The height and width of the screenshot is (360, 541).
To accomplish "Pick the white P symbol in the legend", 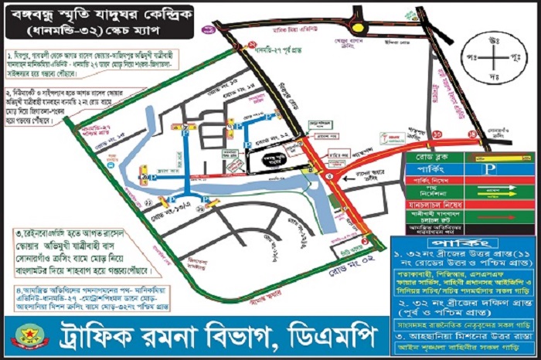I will pos(488,169).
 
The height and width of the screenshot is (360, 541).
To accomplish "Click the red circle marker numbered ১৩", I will pos(437,134).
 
